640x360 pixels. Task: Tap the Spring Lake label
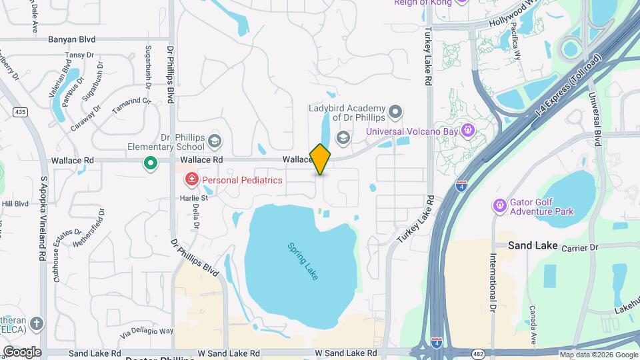click(303, 261)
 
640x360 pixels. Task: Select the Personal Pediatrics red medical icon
click(191, 179)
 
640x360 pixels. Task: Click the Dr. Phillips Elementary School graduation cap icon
click(215, 141)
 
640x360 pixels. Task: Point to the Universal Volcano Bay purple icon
click(469, 131)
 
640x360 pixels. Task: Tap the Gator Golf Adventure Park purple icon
click(499, 206)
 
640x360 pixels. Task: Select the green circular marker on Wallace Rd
click(151, 163)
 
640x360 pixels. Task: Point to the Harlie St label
click(194, 198)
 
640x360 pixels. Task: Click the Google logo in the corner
click(22, 351)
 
